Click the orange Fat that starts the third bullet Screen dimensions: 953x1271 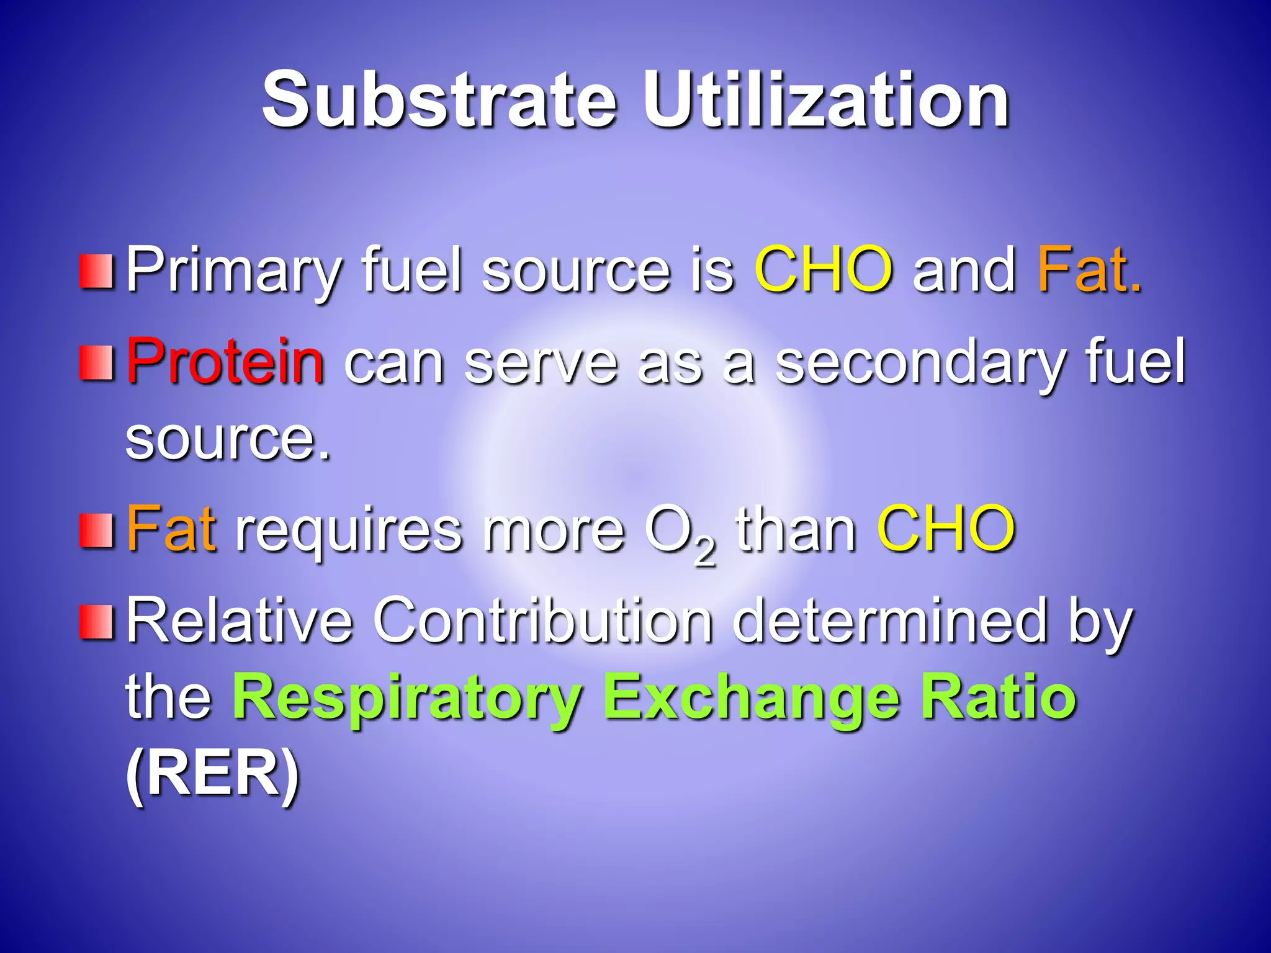tap(171, 529)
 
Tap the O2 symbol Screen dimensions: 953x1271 tap(680, 534)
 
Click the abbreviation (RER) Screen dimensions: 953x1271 tap(213, 774)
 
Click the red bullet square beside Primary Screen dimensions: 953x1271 tap(96, 271)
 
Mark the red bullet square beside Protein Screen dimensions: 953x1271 tap(96, 363)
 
